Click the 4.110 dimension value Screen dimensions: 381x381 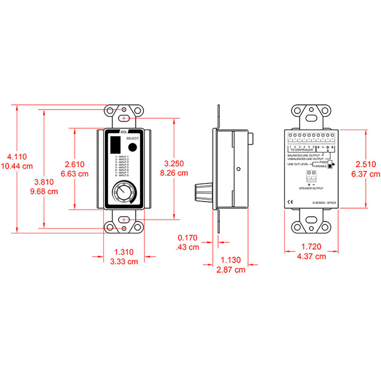16,157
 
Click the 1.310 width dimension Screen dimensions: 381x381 124,252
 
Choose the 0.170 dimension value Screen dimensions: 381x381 187,238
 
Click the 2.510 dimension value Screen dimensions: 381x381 366,165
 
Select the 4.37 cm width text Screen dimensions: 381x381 311,256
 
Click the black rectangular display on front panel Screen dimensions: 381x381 115,145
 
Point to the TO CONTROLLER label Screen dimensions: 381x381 301,150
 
